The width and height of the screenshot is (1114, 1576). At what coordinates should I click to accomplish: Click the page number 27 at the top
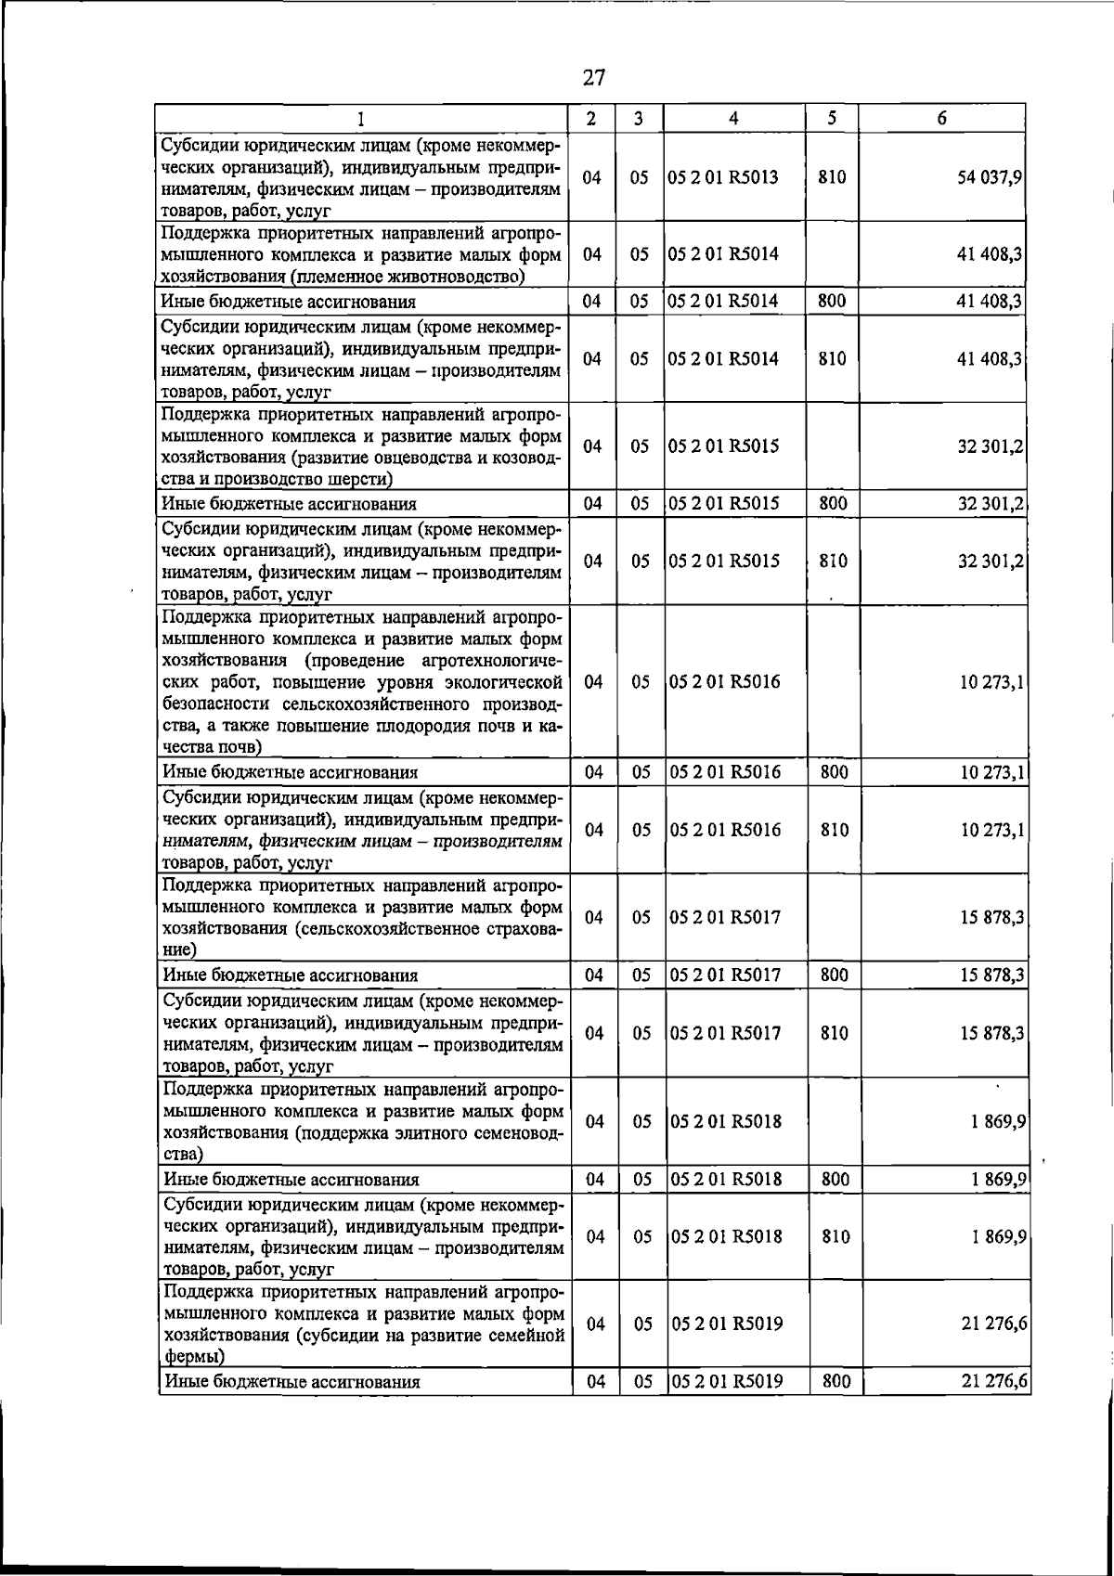pyautogui.click(x=594, y=77)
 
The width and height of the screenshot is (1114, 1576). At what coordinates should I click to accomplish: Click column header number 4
pyautogui.click(x=733, y=118)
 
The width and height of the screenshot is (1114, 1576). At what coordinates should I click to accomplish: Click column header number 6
pyautogui.click(x=941, y=118)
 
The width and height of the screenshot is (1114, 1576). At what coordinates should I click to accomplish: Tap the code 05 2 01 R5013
pyautogui.click(x=722, y=177)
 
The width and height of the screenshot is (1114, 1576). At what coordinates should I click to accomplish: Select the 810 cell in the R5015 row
pyautogui.click(x=833, y=562)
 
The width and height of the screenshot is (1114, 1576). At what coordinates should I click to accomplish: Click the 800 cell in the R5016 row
pyautogui.click(x=835, y=772)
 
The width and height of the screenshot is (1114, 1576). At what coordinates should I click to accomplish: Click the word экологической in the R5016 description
pyautogui.click(x=499, y=681)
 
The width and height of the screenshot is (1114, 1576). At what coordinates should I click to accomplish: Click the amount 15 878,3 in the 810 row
pyautogui.click(x=991, y=1033)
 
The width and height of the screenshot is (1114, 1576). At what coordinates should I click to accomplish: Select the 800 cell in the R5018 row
pyautogui.click(x=835, y=1180)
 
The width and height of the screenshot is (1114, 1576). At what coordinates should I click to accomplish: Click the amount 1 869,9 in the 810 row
pyautogui.click(x=997, y=1237)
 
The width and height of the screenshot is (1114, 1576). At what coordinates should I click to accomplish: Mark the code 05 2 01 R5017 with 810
pyautogui.click(x=725, y=1033)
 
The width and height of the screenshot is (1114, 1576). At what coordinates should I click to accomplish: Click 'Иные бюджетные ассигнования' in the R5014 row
pyautogui.click(x=288, y=302)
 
